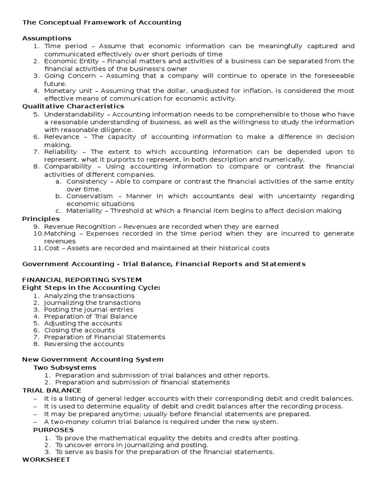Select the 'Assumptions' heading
click(x=47, y=38)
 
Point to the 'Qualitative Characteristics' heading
click(x=73, y=106)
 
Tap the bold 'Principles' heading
click(x=41, y=219)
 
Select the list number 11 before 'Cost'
click(x=38, y=249)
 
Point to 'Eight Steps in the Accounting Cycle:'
click(x=91, y=287)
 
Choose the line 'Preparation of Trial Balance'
click(x=90, y=316)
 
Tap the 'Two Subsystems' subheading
click(x=65, y=367)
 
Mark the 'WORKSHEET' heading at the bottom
click(x=46, y=460)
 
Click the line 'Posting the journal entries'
click(x=88, y=309)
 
